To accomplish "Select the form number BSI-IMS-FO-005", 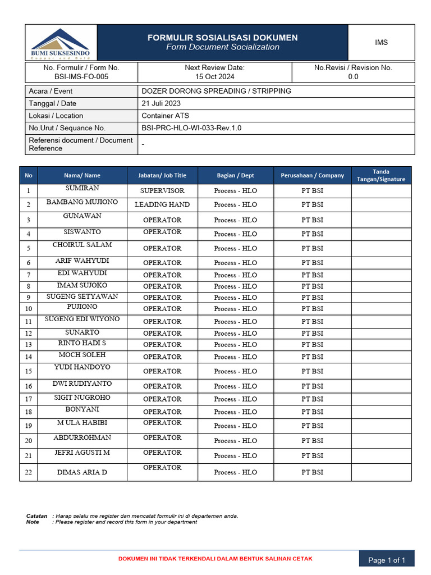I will click(81, 77).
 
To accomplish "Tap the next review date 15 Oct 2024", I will click(214, 77).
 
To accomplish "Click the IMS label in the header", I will click(381, 43).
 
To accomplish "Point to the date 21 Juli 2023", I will click(164, 103).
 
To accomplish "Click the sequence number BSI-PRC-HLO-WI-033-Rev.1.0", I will click(191, 128).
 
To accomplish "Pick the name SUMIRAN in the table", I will click(82, 188).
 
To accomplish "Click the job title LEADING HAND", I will click(162, 204).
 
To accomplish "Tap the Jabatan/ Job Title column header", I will click(162, 175).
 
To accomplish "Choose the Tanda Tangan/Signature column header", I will click(381, 175).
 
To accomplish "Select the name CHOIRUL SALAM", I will click(82, 245).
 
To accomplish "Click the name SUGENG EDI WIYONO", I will click(82, 319).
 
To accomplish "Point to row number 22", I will click(28, 472).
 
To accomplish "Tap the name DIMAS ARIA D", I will click(82, 472).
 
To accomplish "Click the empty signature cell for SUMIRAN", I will click(381, 190).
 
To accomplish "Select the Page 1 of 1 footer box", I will click(386, 560).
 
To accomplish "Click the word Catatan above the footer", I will click(36, 515).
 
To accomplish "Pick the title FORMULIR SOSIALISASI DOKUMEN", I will click(222, 38).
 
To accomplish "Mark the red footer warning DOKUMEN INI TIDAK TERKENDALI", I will click(215, 559).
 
